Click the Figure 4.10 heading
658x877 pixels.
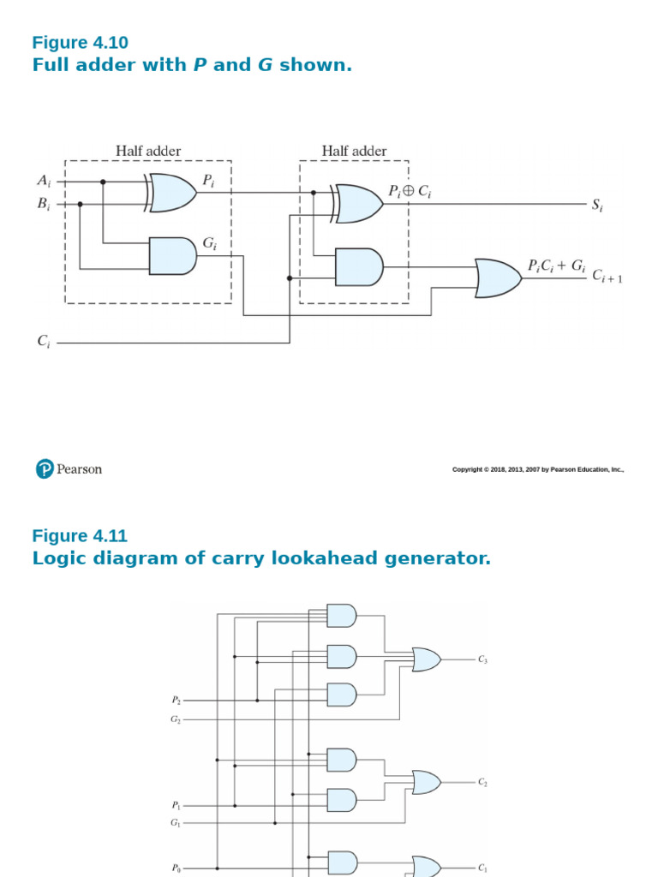point(80,43)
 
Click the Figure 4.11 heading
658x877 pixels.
point(80,536)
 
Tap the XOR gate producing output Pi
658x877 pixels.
point(171,192)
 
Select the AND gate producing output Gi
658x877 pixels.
point(172,256)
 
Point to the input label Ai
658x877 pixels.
point(44,181)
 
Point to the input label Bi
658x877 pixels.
point(44,204)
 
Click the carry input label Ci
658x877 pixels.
point(43,342)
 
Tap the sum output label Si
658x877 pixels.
point(597,205)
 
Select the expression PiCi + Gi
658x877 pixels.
point(556,266)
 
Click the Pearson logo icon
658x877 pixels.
point(45,468)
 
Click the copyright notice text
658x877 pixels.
point(537,469)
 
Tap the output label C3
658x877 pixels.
point(483,659)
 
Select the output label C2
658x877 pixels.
point(483,782)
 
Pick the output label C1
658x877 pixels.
point(483,867)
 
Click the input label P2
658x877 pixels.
point(176,700)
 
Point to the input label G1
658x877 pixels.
point(176,823)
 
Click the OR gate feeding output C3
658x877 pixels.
point(427,659)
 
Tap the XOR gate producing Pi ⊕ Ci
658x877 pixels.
point(358,203)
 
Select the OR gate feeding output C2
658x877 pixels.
point(427,782)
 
